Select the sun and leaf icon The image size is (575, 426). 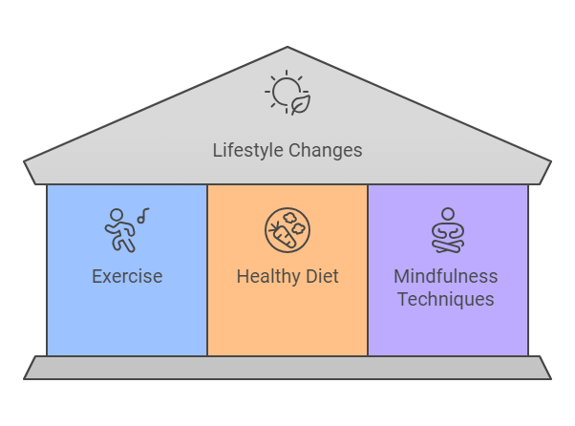tap(287, 92)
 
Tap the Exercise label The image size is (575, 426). tap(127, 276)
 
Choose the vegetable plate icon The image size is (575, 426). tap(287, 230)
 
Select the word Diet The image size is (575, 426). tap(321, 276)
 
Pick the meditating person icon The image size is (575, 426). tap(447, 230)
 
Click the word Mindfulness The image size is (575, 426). tap(446, 276)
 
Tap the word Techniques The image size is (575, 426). tap(446, 299)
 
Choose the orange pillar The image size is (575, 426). tap(287, 325)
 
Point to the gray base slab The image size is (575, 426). tap(287, 368)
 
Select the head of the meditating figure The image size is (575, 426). tap(447, 214)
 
